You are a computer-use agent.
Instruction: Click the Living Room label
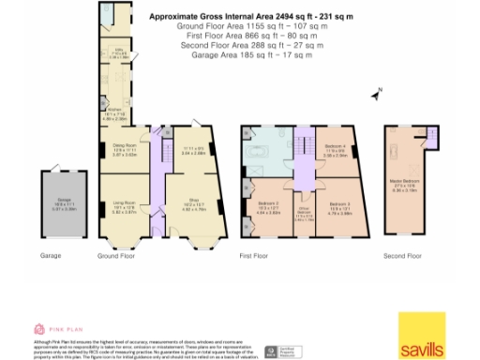pyautogui.click(x=124, y=208)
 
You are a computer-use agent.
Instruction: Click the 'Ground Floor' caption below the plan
pyautogui.click(x=117, y=255)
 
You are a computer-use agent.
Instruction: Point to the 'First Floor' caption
pyautogui.click(x=255, y=255)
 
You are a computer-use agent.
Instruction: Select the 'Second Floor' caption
pyautogui.click(x=405, y=255)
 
